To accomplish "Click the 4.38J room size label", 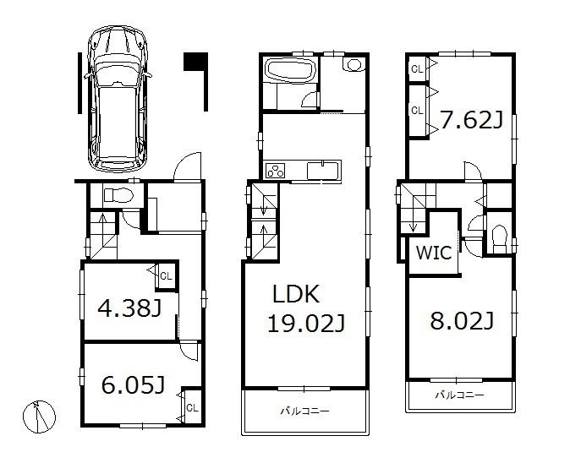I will coord(129,309).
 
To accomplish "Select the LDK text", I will coord(295,295).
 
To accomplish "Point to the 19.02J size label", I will coord(305,323).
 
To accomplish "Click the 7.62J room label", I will coord(471,120).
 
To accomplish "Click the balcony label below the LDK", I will coord(305,411).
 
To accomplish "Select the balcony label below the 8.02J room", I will coord(460,395).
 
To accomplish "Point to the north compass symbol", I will coord(41,415).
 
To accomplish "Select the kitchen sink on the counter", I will coord(324,170).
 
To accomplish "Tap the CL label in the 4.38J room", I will coord(166,275).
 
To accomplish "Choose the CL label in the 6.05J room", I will coord(191,407).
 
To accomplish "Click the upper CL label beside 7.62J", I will coord(417,68).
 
